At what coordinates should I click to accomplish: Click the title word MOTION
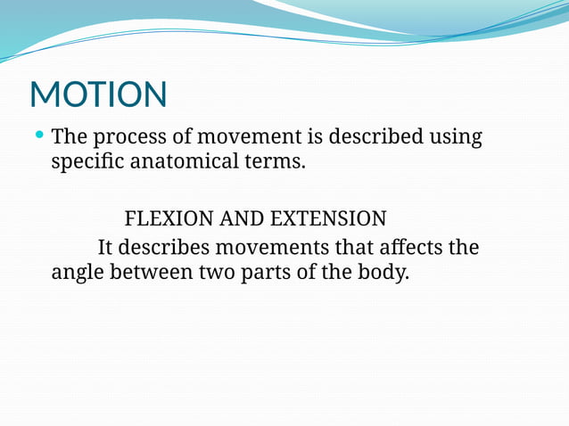(x=98, y=95)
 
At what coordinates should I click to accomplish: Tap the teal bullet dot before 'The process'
(x=39, y=135)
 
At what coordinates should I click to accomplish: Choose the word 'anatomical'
(x=192, y=164)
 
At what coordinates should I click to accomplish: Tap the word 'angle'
(x=77, y=273)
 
